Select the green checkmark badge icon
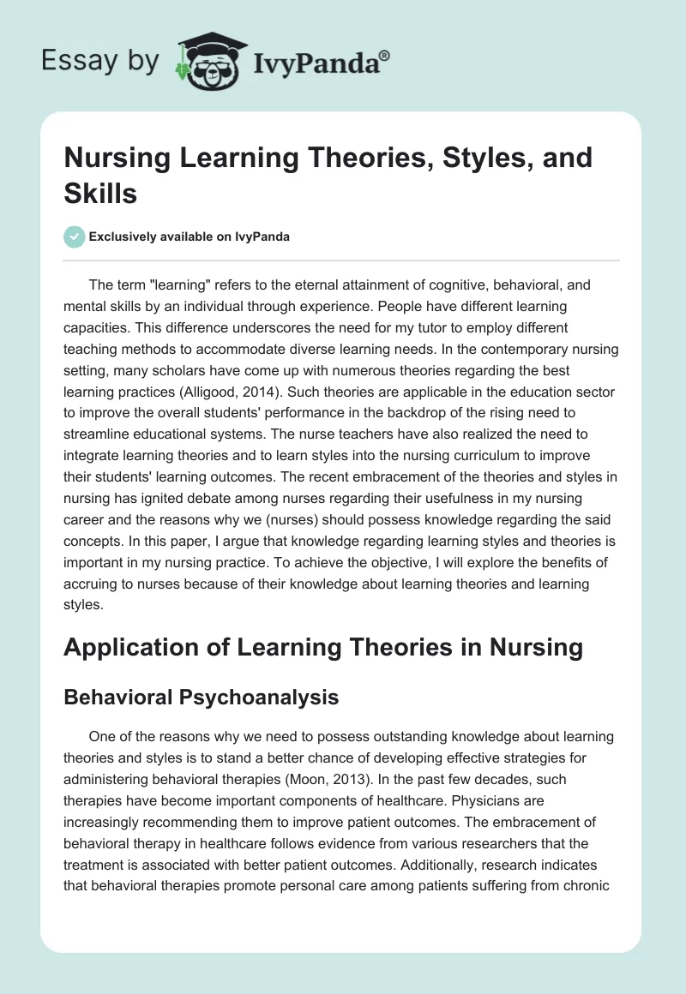click(x=75, y=237)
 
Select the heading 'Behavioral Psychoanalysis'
click(x=201, y=698)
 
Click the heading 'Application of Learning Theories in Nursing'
click(x=323, y=647)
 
